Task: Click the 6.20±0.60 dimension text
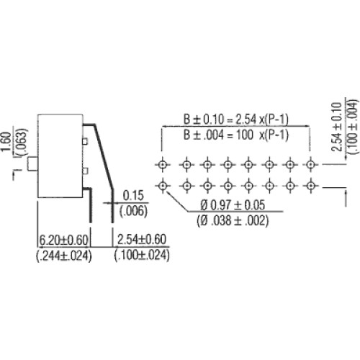coord(63,240)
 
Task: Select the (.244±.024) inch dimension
coord(64,256)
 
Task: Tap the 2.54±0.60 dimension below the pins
coord(142,239)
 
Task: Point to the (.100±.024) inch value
coord(142,255)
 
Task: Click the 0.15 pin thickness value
coord(133,195)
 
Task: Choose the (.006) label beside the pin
coord(133,211)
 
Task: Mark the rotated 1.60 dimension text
coord(6,142)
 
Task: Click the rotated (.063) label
coord(22,142)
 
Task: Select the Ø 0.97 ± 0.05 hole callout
coord(233,205)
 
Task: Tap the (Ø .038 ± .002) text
coord(233,220)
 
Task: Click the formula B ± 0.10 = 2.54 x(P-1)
coord(236,120)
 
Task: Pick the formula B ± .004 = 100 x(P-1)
coord(236,135)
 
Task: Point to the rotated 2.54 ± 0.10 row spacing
coord(336,127)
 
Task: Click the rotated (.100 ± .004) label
coord(352,127)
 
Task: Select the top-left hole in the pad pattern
coord(163,165)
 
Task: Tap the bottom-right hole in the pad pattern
coord(311,186)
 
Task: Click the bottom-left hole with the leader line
coord(163,186)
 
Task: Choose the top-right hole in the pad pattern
coord(311,165)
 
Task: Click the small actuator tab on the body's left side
coord(32,164)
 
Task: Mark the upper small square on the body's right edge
coord(85,142)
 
